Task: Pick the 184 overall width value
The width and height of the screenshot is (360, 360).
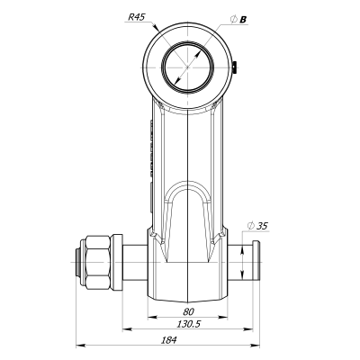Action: [x=168, y=340]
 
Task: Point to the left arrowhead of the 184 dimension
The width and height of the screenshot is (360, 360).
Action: [x=77, y=346]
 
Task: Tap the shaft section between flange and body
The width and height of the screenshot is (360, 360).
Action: [x=132, y=261]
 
